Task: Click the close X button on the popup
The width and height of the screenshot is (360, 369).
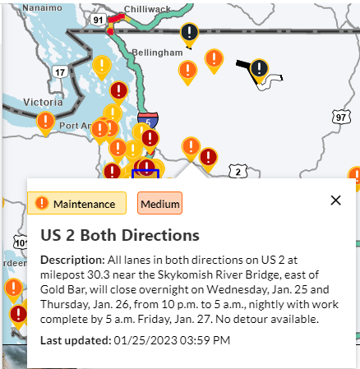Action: point(335,200)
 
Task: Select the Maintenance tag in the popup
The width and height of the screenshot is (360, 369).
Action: point(77,203)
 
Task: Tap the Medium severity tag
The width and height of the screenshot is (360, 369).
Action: point(160,203)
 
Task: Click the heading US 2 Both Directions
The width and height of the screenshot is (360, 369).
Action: point(120,235)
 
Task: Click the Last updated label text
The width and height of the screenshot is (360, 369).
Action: point(76,339)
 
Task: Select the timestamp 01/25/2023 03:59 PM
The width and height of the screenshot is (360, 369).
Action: point(173,339)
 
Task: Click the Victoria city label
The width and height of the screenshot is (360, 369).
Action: point(43,102)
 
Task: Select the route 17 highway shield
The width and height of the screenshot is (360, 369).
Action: point(59,72)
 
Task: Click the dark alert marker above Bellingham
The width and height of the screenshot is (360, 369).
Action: point(191,34)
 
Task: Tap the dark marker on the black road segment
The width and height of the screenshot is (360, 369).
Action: point(260,69)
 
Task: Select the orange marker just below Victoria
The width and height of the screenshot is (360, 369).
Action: point(46,122)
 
